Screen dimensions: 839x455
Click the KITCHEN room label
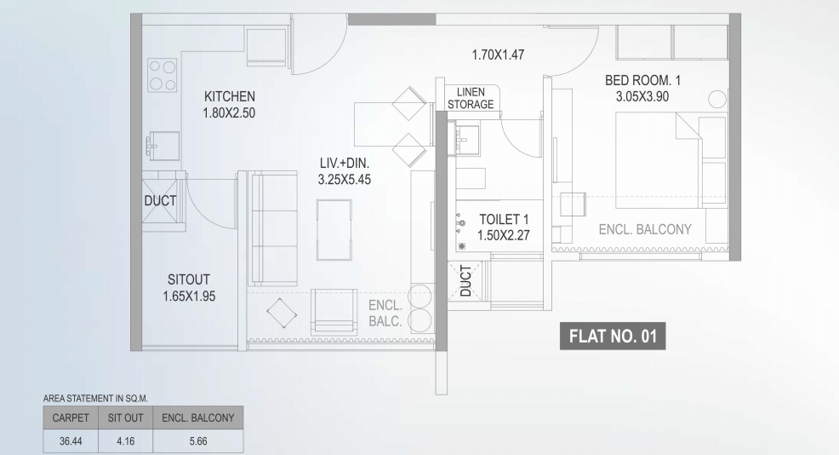click(x=230, y=96)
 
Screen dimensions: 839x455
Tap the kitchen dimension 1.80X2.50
click(x=229, y=113)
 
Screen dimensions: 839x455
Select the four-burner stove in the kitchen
click(x=163, y=76)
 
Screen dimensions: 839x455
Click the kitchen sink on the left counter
click(x=163, y=145)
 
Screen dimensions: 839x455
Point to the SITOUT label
click(x=189, y=279)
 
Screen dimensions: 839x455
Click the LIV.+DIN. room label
click(x=345, y=164)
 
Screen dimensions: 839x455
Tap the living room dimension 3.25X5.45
click(x=345, y=180)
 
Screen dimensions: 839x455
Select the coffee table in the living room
click(x=334, y=230)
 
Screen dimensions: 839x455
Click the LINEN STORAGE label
click(x=471, y=99)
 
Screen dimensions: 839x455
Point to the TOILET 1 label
click(x=504, y=219)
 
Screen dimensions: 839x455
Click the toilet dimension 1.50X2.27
click(x=504, y=235)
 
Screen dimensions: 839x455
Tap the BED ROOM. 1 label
click(x=642, y=80)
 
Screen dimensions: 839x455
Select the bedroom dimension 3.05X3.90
click(x=642, y=97)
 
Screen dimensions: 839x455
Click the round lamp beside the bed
click(x=717, y=99)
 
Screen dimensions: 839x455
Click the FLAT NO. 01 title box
click(x=613, y=336)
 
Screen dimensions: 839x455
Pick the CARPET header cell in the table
click(x=71, y=418)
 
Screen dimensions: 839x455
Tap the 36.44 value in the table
click(x=71, y=441)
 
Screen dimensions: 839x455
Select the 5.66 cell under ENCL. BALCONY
click(x=198, y=441)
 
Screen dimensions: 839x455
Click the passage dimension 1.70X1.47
click(x=498, y=55)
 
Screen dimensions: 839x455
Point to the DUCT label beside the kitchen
click(x=160, y=201)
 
